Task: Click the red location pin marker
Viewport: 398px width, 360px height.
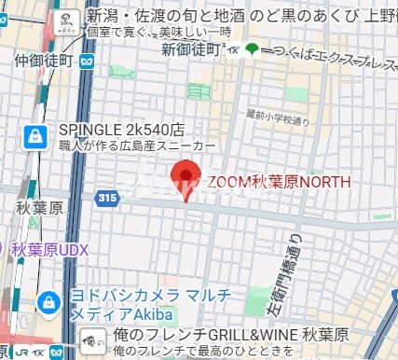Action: (189, 177)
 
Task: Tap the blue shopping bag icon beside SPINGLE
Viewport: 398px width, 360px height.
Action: (34, 136)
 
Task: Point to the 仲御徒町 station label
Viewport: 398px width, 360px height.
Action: (44, 61)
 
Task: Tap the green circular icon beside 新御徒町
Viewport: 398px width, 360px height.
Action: (253, 48)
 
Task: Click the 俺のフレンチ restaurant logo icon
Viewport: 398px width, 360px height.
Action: (91, 339)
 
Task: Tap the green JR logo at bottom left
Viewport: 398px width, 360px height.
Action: (17, 353)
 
